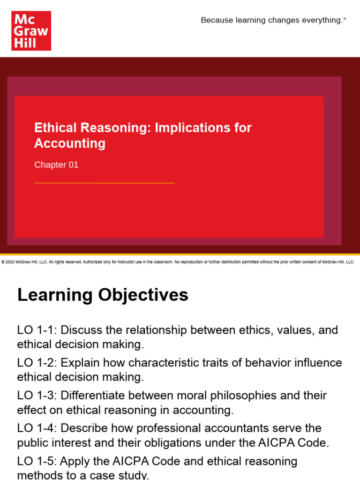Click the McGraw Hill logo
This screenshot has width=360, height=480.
[x=31, y=31]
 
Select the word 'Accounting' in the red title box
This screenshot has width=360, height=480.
[x=70, y=143]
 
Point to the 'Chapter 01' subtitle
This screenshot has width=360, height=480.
[x=56, y=165]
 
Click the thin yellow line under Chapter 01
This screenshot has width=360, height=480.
[x=104, y=183]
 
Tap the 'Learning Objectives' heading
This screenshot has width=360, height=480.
[x=103, y=295]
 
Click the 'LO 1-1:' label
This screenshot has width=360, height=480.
[x=37, y=330]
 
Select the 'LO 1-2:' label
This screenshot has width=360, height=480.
[x=37, y=363]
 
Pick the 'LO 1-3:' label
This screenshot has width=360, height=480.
[x=37, y=396]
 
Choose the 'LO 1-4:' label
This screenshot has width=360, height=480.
[x=37, y=428]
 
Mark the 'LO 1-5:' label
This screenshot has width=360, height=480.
[x=37, y=461]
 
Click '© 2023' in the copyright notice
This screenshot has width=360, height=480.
[x=8, y=262]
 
